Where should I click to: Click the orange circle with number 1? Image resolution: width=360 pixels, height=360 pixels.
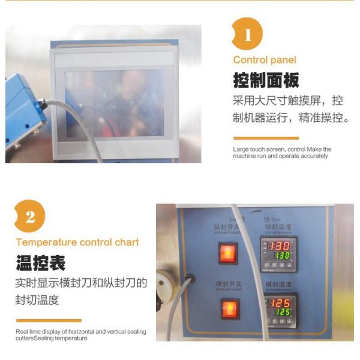pyautogui.click(x=247, y=33)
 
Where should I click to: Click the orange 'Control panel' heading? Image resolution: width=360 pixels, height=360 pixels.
pyautogui.click(x=265, y=60)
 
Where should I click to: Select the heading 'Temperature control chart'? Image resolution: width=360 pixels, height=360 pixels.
pyautogui.click(x=77, y=242)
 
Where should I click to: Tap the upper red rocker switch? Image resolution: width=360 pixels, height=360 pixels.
pyautogui.click(x=227, y=253)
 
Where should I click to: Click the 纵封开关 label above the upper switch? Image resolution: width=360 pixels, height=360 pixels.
pyautogui.click(x=227, y=227)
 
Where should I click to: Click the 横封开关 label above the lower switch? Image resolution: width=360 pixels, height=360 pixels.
pyautogui.click(x=229, y=283)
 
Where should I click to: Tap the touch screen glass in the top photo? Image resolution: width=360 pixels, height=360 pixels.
pyautogui.click(x=114, y=102)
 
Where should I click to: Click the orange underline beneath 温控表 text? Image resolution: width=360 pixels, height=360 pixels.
pyautogui.click(x=49, y=320)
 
